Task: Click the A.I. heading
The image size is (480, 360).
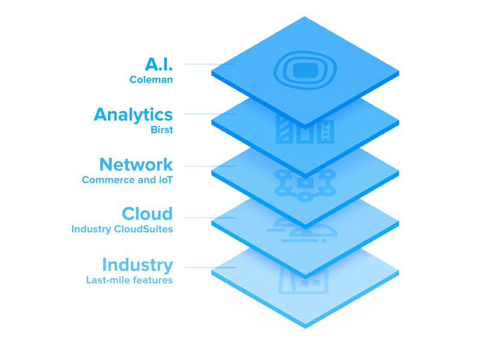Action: coord(159,64)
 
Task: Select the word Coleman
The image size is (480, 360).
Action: coord(151,80)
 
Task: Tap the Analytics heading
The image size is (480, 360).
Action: coord(133,115)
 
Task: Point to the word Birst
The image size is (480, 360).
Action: coord(162,130)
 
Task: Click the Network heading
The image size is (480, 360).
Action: coord(136,164)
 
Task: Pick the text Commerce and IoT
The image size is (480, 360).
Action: coord(127,179)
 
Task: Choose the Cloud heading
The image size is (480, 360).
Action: coord(147,214)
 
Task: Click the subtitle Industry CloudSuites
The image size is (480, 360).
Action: coord(122,229)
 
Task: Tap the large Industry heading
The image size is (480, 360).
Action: coord(138,265)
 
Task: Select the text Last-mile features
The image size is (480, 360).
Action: coord(130,280)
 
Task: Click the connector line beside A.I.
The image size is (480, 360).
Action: coord(210,64)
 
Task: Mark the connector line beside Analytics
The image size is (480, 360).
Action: coord(210,114)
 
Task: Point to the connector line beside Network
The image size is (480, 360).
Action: coord(210,166)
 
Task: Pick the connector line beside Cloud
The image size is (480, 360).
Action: coord(210,218)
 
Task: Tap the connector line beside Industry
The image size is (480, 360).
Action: coord(210,268)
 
